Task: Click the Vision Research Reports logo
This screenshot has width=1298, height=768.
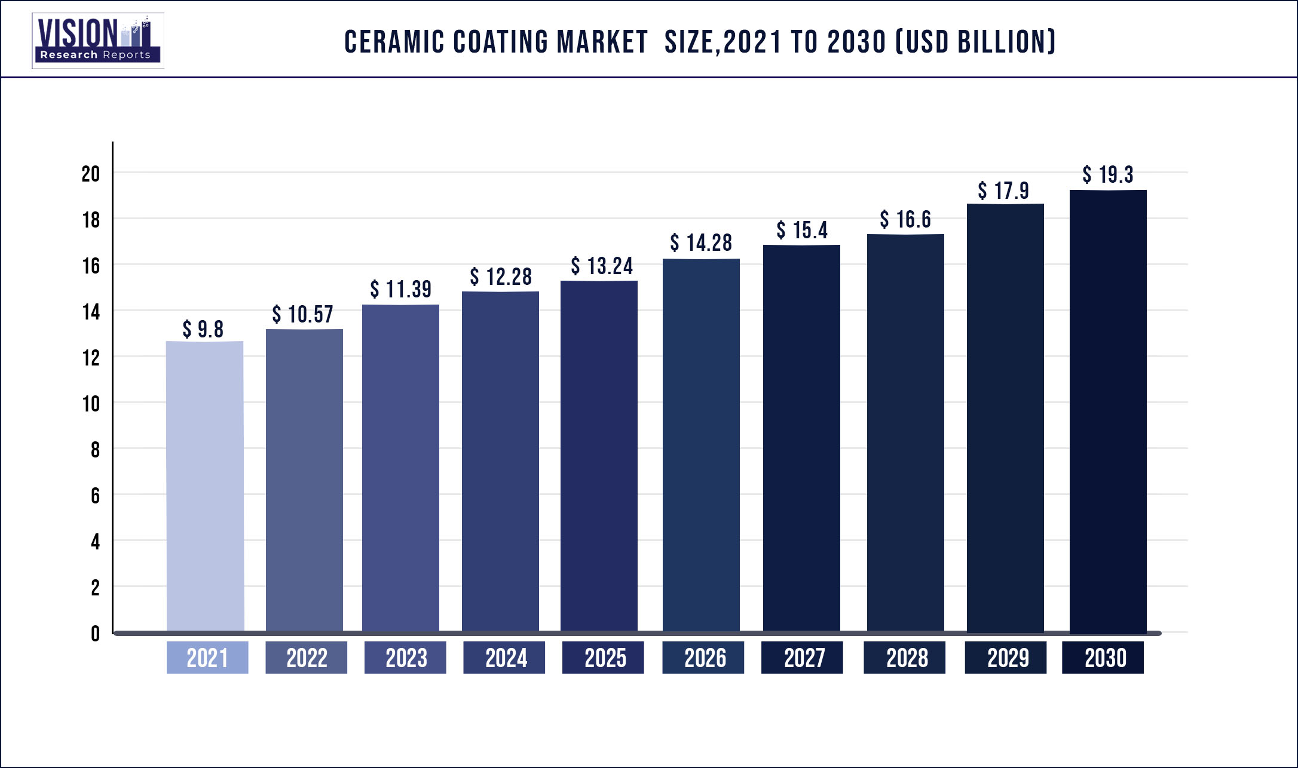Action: pos(98,41)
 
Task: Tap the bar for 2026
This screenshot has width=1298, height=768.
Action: pos(701,445)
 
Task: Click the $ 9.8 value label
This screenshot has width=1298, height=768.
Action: pos(203,329)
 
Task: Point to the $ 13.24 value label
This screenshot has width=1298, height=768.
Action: pos(601,266)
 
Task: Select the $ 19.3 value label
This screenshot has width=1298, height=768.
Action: pos(1107,175)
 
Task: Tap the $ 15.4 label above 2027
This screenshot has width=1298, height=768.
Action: pos(801,231)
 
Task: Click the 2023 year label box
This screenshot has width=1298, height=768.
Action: pos(405,658)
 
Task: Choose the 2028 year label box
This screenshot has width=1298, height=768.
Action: pos(904,658)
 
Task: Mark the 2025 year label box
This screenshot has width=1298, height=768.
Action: pos(603,658)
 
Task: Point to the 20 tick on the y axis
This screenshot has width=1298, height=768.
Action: pos(91,174)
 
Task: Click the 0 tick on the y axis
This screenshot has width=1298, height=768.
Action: pos(95,634)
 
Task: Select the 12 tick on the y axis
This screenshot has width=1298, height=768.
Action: pos(91,358)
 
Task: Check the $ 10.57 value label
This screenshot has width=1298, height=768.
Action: pos(302,315)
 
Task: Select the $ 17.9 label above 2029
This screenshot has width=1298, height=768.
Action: pos(1003,191)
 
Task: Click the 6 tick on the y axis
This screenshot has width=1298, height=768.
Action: pos(95,496)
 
